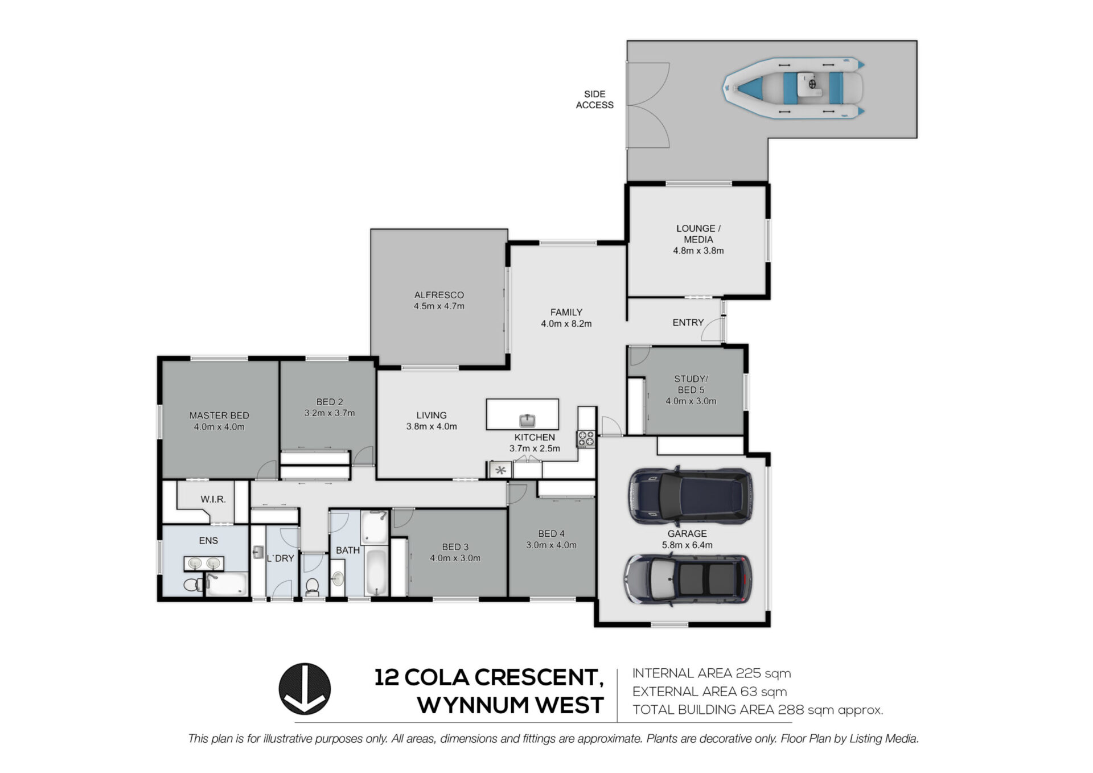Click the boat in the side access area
pyautogui.click(x=794, y=88)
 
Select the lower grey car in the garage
pyautogui.click(x=688, y=579)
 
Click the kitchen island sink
pyautogui.click(x=527, y=421)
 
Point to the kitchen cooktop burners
pyautogui.click(x=586, y=438)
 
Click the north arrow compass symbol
pyautogui.click(x=305, y=689)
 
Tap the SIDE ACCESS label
pyautogui.click(x=594, y=100)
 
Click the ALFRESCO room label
pyautogui.click(x=439, y=295)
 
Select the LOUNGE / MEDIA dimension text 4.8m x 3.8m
pyautogui.click(x=698, y=250)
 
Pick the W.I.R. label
pyautogui.click(x=213, y=499)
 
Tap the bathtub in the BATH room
pyautogui.click(x=376, y=571)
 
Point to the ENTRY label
pyautogui.click(x=688, y=323)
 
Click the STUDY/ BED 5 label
pyautogui.click(x=691, y=384)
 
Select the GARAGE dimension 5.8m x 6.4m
pyautogui.click(x=687, y=545)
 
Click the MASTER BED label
pyautogui.click(x=219, y=416)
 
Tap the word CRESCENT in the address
pyautogui.click(x=538, y=677)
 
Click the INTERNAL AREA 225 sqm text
pyautogui.click(x=712, y=673)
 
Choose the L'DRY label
pyautogui.click(x=281, y=558)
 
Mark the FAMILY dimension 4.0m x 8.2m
pyautogui.click(x=566, y=324)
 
